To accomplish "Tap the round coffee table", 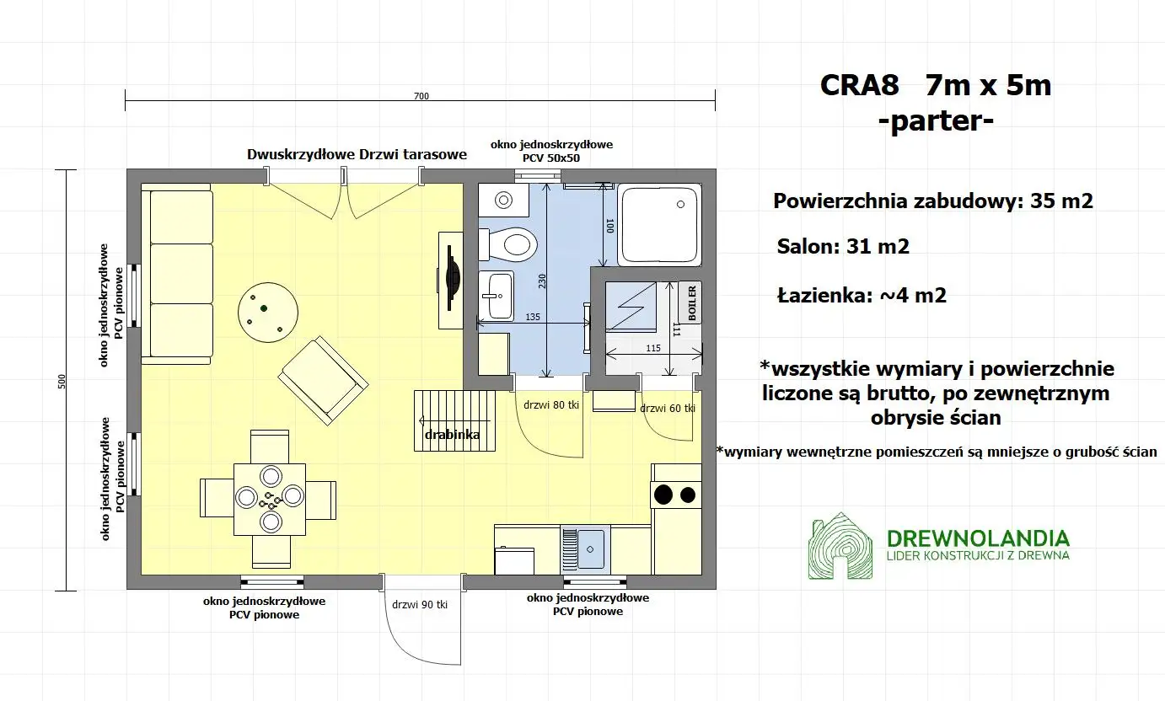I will click(x=267, y=310).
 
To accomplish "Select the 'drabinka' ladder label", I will click(x=453, y=435).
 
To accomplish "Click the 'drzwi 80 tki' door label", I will click(x=550, y=405).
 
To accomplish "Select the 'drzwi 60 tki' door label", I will click(x=667, y=409).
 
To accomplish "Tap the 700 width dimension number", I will click(x=421, y=96).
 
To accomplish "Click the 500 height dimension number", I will click(x=61, y=381).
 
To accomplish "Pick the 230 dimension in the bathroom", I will click(x=542, y=282).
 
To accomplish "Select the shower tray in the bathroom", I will click(x=658, y=225).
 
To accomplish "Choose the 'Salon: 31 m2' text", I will click(x=843, y=246).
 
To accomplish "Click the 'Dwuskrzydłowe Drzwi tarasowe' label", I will click(x=357, y=155).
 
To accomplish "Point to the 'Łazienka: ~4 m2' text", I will click(x=861, y=296).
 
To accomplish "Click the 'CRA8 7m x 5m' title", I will click(x=935, y=86).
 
